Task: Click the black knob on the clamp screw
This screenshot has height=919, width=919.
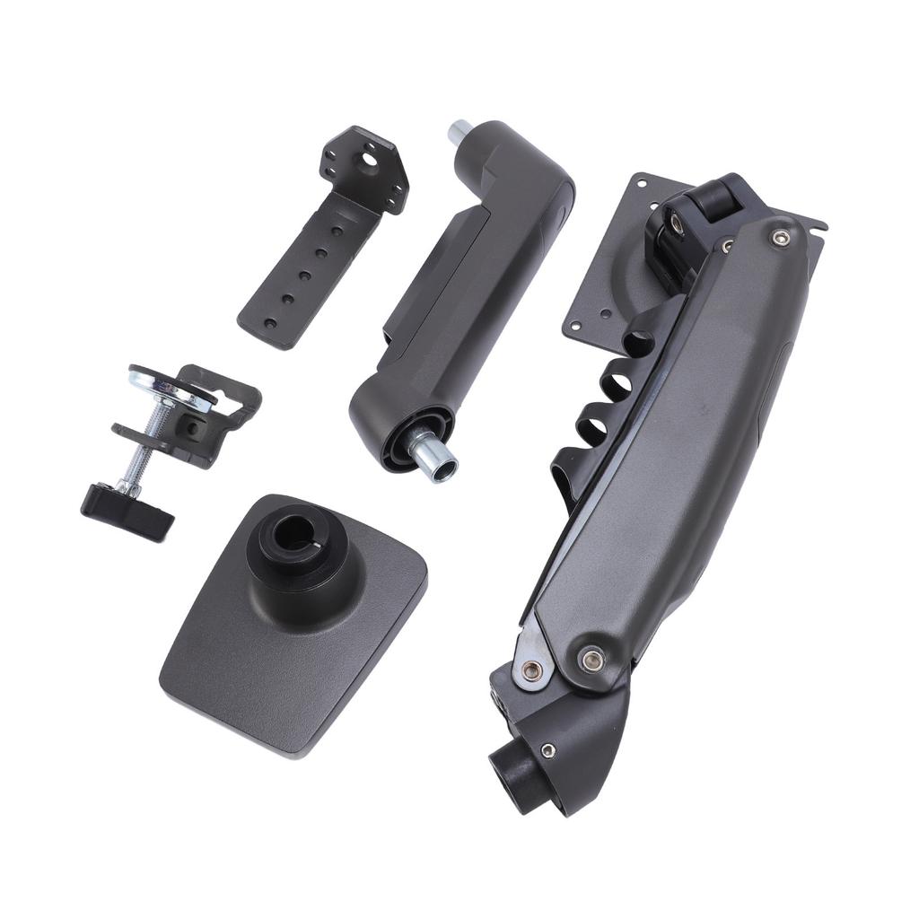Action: (x=127, y=510)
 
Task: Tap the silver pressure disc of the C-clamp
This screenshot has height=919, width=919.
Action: (x=171, y=384)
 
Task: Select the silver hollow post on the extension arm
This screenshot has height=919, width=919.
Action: (x=433, y=456)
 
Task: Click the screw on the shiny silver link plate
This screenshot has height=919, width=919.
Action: (x=532, y=669)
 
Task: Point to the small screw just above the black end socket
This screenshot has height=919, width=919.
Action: (x=547, y=750)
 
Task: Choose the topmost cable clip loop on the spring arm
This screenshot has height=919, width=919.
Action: (x=640, y=342)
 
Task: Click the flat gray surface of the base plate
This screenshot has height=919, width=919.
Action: (x=269, y=664)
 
